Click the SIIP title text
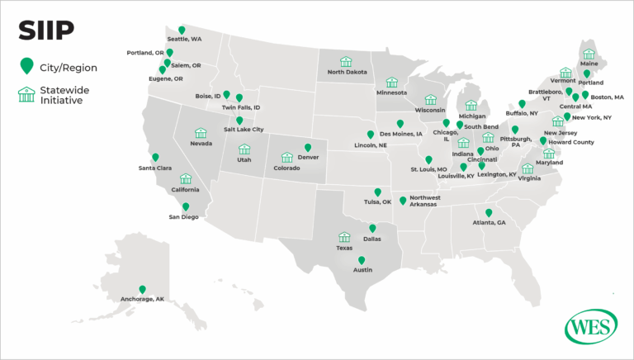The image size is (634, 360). tap(47, 31)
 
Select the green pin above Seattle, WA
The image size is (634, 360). tap(182, 31)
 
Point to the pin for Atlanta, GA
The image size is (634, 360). tap(489, 212)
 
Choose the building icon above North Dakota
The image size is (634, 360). tap(346, 61)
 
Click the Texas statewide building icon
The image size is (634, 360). tap(344, 236)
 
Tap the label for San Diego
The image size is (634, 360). tap(184, 217)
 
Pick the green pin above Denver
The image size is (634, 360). tap(308, 148)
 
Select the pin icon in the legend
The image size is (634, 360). tap(26, 65)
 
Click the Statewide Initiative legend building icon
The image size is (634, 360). tap(26, 93)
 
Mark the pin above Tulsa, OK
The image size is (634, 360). tap(377, 192)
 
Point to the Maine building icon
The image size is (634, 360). tap(589, 54)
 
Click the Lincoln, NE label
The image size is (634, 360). tap(371, 145)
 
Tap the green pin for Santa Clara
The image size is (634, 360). tap(155, 157)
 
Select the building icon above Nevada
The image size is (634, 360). tap(200, 133)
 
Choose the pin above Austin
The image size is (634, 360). tap(361, 260)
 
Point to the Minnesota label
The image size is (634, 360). tap(391, 92)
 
